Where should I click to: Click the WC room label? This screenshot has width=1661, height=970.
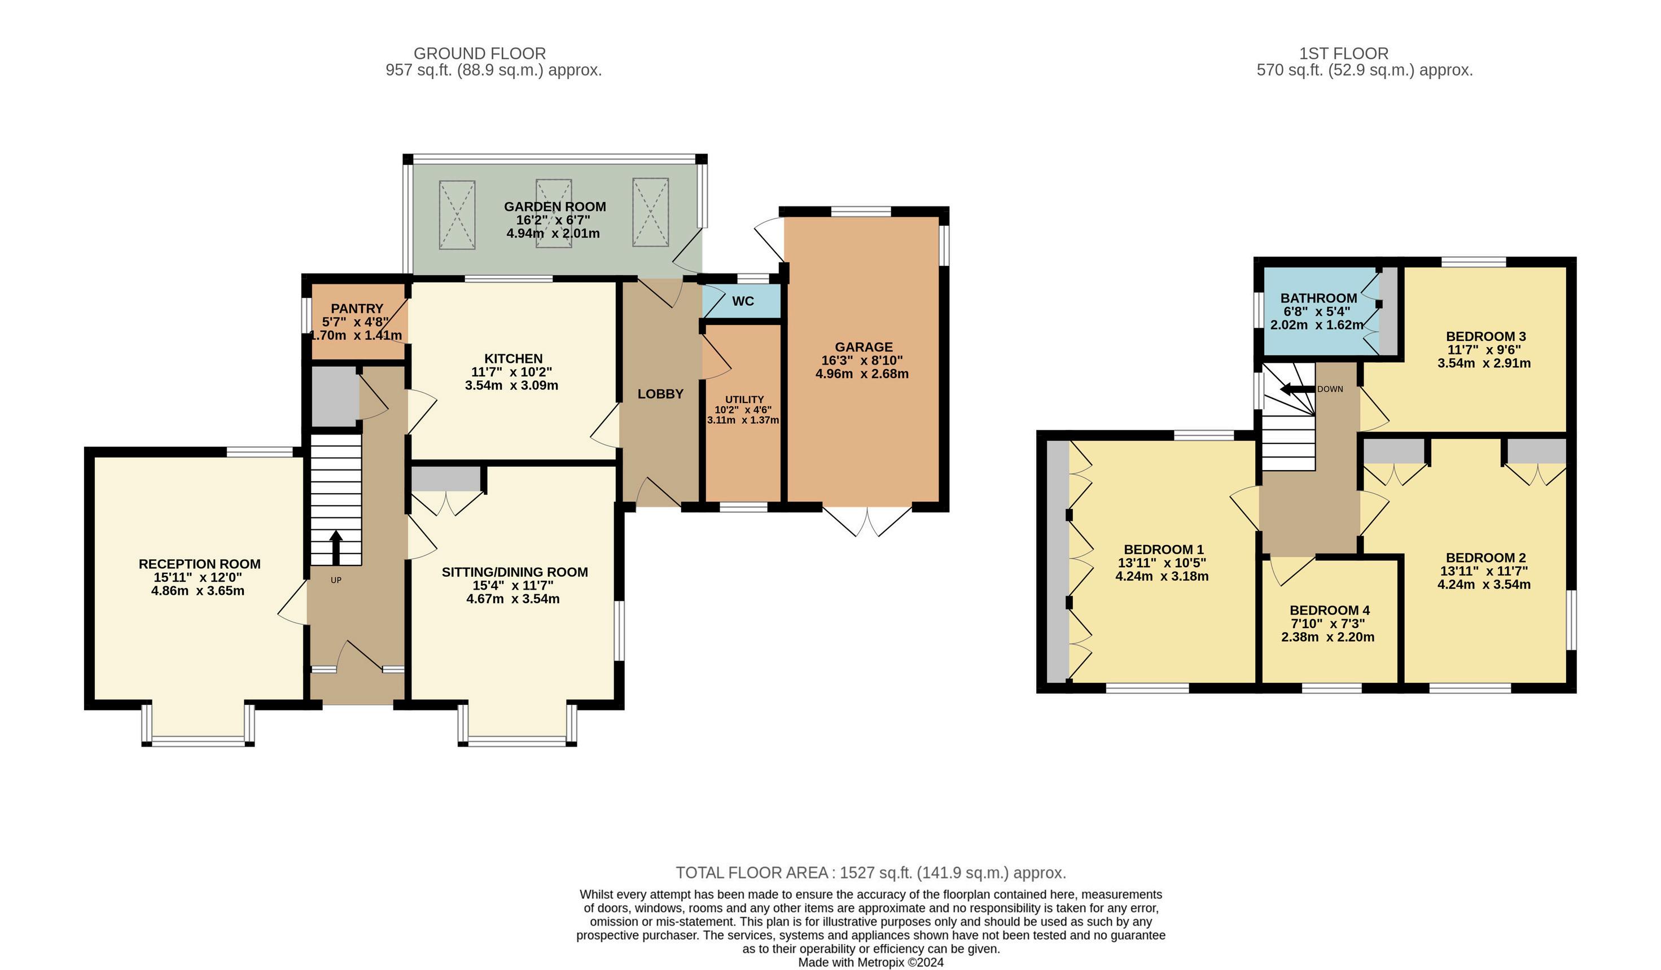pos(743,301)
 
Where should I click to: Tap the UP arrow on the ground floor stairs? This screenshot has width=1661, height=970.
pos(335,547)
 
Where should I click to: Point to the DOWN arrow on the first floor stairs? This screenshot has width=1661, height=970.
pos(1296,389)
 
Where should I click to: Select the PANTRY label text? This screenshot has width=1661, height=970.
pos(357,309)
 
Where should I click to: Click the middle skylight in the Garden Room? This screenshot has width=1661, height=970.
pos(554,213)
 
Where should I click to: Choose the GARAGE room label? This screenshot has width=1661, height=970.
pos(864,346)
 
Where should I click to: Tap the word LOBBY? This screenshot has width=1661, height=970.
pos(660,394)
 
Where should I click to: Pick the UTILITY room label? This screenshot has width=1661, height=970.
pos(744,400)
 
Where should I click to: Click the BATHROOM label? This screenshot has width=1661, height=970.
pos(1318,298)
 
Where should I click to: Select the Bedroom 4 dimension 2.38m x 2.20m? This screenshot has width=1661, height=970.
pos(1328,637)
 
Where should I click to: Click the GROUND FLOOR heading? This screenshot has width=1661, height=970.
pos(480,54)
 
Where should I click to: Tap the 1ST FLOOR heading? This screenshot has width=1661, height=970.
pos(1344,54)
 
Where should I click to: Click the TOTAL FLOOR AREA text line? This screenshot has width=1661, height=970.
pos(871,872)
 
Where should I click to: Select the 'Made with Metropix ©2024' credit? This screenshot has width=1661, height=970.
pos(871,962)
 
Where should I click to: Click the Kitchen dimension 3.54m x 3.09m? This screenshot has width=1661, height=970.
pos(511,385)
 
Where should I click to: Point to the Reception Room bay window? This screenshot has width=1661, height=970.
pos(198,725)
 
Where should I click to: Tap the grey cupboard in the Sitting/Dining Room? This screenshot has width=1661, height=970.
pos(445,479)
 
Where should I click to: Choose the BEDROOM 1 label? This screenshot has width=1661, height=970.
pos(1164,550)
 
